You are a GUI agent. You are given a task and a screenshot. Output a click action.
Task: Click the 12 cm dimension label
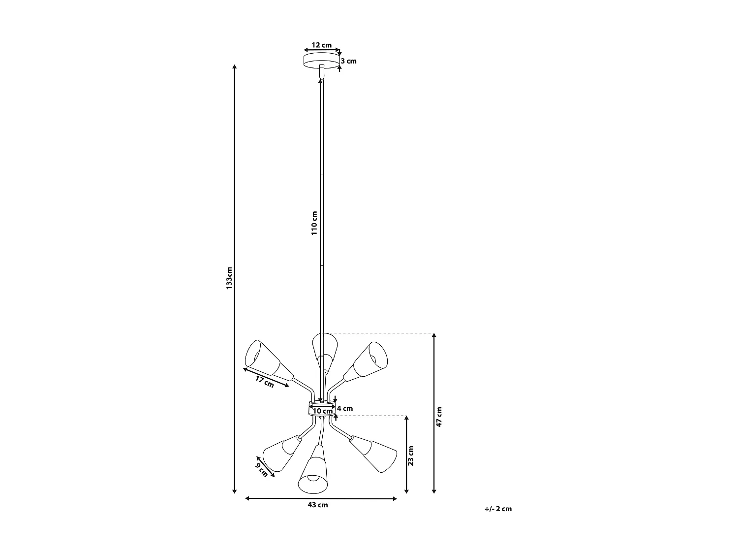pyautogui.click(x=322, y=45)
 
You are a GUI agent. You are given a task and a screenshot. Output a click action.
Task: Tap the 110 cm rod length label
pyautogui.click(x=314, y=223)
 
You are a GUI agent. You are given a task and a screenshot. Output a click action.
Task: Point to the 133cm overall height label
pyautogui.click(x=229, y=278)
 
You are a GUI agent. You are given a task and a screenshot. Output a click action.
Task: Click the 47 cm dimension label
pyautogui.click(x=439, y=417)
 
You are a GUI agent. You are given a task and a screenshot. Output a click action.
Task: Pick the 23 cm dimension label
pyautogui.click(x=411, y=455)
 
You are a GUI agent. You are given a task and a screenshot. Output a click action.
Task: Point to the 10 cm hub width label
pyautogui.click(x=323, y=411)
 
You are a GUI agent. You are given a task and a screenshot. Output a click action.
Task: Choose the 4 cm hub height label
pyautogui.click(x=345, y=408)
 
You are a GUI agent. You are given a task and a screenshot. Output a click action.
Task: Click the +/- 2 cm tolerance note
pyautogui.click(x=498, y=509)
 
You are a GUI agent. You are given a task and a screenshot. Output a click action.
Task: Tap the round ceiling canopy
pyautogui.click(x=321, y=61)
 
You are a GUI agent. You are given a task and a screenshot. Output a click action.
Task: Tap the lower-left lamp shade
pyautogui.click(x=280, y=452)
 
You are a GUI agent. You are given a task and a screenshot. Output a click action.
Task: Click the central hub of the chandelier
pyautogui.click(x=322, y=408)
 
